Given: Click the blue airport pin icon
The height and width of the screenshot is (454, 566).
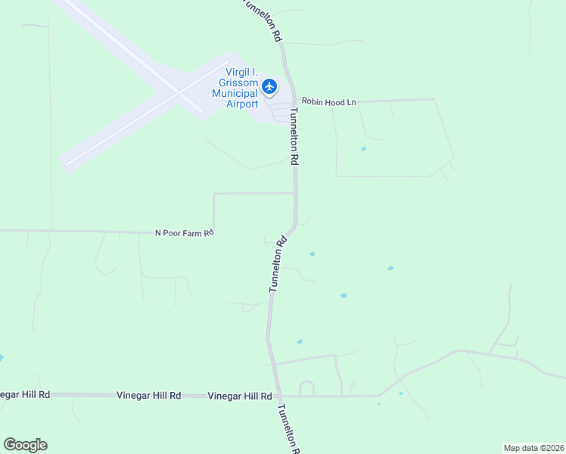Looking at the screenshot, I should (x=270, y=86).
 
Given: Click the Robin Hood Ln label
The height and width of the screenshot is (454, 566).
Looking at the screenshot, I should (x=328, y=101).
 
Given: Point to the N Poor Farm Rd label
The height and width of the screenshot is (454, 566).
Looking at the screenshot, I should (x=185, y=233).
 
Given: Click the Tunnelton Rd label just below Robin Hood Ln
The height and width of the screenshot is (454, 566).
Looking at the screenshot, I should (x=294, y=136).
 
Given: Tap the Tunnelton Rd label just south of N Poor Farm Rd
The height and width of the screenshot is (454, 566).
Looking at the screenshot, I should (x=278, y=263).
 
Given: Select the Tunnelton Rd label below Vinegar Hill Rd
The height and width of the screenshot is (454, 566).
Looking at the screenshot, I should (x=288, y=428).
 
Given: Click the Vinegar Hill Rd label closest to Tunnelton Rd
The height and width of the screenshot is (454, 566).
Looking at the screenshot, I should (x=240, y=396).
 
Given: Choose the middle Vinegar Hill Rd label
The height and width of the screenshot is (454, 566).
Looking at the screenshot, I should (x=149, y=395).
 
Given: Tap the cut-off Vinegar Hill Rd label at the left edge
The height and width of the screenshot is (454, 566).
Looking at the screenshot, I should (x=25, y=394).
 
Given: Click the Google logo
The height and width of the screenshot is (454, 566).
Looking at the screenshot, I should (x=25, y=445).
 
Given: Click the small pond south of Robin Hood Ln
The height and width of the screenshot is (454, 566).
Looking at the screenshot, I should (x=363, y=148).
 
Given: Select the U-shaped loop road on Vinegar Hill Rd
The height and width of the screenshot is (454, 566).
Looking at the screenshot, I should (x=306, y=388).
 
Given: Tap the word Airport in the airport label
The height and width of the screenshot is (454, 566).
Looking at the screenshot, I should (x=242, y=104).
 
